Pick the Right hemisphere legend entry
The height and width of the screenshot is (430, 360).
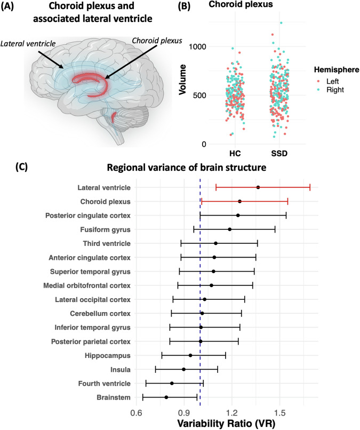click(x=325, y=90)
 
